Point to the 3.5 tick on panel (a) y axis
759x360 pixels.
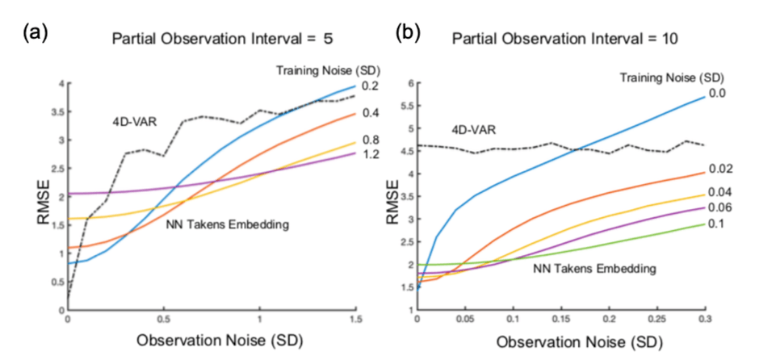point(55,112)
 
